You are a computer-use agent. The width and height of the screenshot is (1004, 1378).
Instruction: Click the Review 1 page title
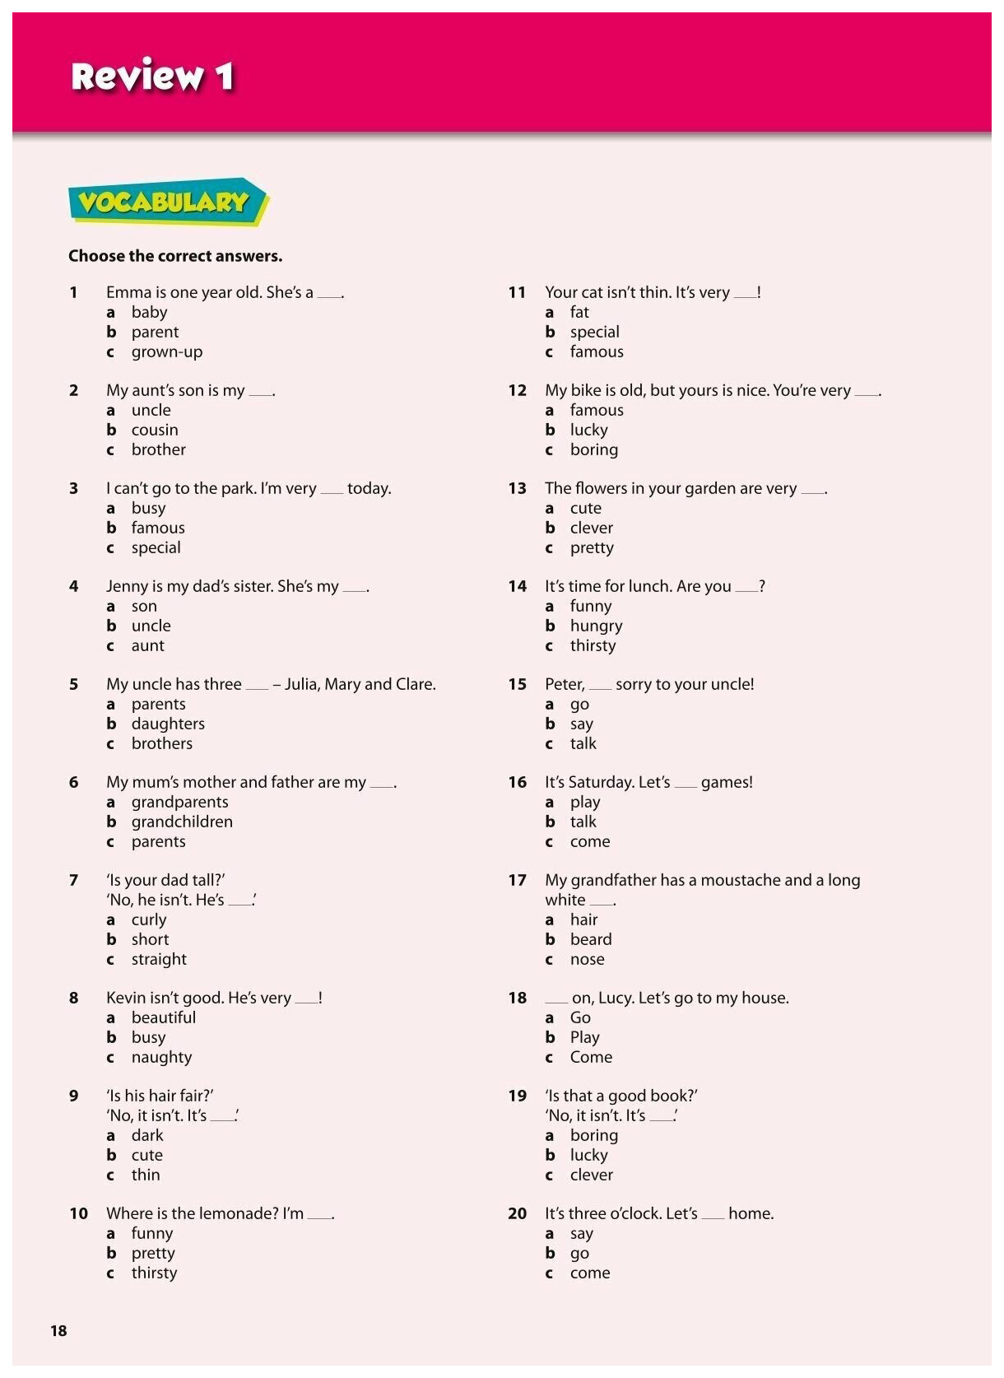click(152, 77)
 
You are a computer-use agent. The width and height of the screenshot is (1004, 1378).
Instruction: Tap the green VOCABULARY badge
click(165, 202)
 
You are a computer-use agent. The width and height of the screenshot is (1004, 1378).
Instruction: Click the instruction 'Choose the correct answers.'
click(175, 256)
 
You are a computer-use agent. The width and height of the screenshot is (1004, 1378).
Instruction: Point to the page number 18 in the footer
click(58, 1330)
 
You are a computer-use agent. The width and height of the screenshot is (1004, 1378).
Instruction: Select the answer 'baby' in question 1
click(149, 312)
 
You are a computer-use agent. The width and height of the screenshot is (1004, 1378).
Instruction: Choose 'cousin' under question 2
click(155, 430)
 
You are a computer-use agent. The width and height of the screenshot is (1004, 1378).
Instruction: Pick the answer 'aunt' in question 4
click(147, 645)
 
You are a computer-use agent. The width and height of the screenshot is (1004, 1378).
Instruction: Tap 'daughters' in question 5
click(168, 724)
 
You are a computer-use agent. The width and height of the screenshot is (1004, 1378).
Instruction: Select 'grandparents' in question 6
click(179, 802)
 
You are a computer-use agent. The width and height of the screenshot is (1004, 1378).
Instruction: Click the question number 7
click(74, 880)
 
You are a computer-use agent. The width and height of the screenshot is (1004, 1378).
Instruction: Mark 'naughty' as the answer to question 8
click(161, 1057)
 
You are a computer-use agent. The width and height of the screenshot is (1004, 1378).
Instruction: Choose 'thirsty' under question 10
click(154, 1273)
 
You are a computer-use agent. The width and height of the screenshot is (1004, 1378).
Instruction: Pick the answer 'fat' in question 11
click(579, 312)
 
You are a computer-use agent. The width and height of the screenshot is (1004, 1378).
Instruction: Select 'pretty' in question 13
click(592, 547)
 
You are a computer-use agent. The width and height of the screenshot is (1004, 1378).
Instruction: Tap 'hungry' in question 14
click(596, 626)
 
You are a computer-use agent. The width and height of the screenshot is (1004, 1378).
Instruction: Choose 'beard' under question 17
click(591, 939)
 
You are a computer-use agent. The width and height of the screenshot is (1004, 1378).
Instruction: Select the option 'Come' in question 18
click(591, 1057)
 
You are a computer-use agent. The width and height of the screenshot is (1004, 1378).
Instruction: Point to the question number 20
click(517, 1213)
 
